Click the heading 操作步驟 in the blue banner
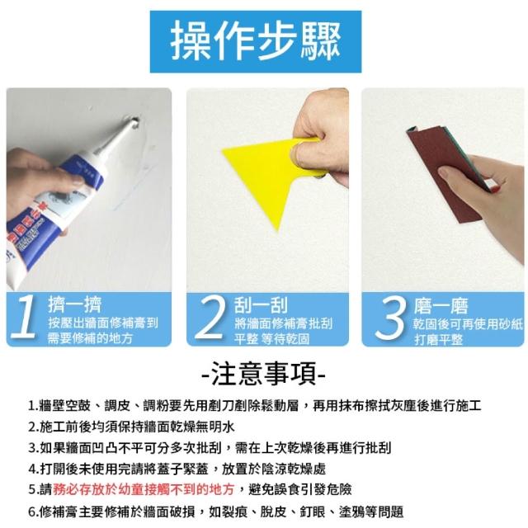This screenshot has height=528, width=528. click(x=256, y=41)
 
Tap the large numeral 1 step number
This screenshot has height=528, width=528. click(x=24, y=317)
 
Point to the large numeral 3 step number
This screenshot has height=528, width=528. click(x=390, y=317)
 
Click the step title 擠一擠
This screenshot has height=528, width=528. click(x=75, y=304)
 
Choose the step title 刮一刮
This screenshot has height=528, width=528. click(x=261, y=305)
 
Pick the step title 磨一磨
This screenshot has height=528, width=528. click(x=441, y=306)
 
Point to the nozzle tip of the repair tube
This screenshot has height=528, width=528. click(x=134, y=121)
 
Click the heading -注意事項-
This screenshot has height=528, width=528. click(x=264, y=374)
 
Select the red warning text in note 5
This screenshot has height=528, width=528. click(x=144, y=489)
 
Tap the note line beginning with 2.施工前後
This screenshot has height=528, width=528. click(x=131, y=427)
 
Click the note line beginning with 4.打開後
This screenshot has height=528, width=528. click(x=177, y=469)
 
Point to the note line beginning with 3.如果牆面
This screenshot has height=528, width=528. click(x=210, y=447)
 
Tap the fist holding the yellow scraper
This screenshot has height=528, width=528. click(x=320, y=138)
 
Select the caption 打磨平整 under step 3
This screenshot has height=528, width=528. click(x=438, y=339)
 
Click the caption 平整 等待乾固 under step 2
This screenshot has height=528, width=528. click(x=271, y=339)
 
